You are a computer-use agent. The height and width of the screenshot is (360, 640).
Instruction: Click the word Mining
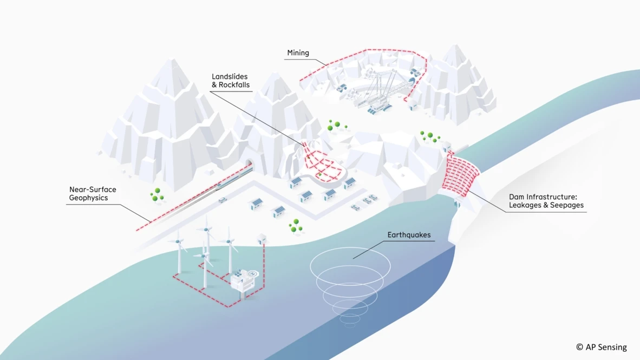[x=298, y=53]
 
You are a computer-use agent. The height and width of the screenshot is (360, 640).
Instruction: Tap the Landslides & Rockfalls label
[x=233, y=81]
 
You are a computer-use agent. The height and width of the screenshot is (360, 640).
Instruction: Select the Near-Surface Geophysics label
[x=93, y=194]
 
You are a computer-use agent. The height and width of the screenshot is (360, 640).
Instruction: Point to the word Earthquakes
[x=409, y=235]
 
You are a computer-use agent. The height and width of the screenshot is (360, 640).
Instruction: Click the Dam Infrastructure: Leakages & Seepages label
[x=546, y=201]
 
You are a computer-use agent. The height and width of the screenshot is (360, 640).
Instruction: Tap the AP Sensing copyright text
[x=601, y=347]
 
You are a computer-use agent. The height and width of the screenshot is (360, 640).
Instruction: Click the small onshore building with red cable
[x=263, y=238]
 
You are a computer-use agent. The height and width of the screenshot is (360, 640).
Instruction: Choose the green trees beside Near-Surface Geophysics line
[x=157, y=195]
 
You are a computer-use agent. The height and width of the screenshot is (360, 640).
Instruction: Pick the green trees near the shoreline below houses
[x=296, y=226]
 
